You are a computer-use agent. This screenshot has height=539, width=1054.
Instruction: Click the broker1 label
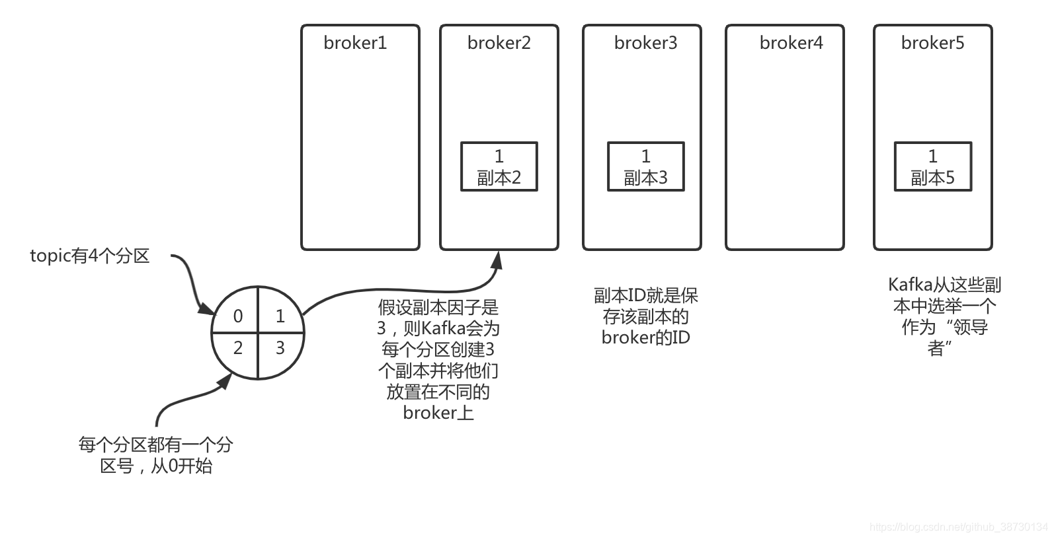(355, 43)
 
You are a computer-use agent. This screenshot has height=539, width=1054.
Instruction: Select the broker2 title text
(499, 43)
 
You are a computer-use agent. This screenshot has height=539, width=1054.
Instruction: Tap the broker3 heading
(645, 43)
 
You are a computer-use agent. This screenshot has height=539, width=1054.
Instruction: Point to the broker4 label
(791, 43)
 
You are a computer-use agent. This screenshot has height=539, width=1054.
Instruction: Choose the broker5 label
(932, 43)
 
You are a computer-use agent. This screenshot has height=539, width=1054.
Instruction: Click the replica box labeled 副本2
(499, 166)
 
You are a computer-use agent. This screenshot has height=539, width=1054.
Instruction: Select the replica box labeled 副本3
(645, 166)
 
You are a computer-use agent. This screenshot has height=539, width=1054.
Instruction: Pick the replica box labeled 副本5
(932, 166)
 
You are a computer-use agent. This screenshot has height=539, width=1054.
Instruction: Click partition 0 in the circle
(237, 316)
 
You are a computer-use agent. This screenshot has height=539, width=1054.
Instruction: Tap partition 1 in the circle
(280, 316)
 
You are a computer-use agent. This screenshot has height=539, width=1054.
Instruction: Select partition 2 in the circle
(237, 347)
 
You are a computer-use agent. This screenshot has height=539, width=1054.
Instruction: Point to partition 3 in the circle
(280, 347)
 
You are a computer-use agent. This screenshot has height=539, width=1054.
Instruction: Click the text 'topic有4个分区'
(90, 256)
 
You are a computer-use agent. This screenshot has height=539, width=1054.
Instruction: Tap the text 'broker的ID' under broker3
(645, 338)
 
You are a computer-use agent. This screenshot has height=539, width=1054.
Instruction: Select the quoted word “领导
(967, 327)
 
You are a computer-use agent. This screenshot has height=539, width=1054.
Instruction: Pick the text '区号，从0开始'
(156, 466)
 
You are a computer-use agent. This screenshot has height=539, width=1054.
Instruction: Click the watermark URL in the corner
(958, 527)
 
